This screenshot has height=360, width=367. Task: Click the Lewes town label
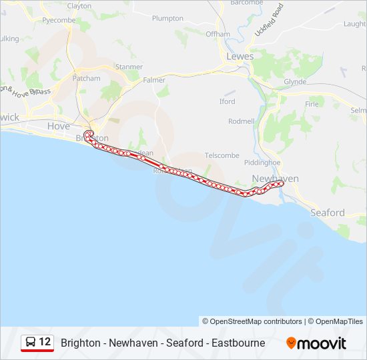click(240, 57)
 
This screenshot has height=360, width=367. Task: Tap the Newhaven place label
click(275, 179)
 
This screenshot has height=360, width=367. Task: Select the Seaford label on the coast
click(328, 213)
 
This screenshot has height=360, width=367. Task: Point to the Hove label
click(58, 126)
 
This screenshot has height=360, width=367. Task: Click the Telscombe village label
click(222, 155)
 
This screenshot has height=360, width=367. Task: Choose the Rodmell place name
click(241, 121)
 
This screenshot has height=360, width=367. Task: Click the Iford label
click(227, 101)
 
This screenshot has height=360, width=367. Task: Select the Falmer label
click(153, 80)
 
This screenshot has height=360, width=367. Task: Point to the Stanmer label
click(129, 67)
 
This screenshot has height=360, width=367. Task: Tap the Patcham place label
click(87, 78)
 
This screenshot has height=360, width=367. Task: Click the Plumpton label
click(167, 19)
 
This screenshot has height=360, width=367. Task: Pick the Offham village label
click(218, 34)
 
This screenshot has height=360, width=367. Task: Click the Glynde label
click(295, 81)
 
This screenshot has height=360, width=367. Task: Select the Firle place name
click(312, 104)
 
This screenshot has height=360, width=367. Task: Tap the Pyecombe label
click(59, 21)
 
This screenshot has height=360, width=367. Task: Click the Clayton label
click(79, 6)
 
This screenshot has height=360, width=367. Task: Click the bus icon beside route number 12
click(30, 342)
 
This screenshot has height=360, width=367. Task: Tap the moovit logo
click(316, 343)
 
